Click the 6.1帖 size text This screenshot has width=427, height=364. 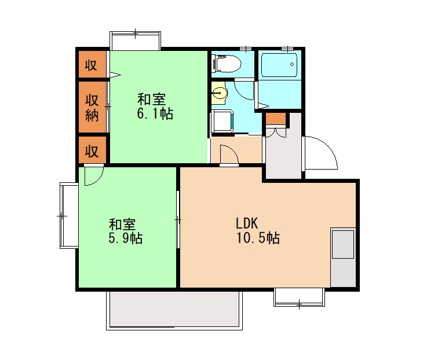pyautogui.click(x=155, y=113)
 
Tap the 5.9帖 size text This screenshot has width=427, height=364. pyautogui.click(x=126, y=238)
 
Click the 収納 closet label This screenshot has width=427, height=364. pyautogui.click(x=93, y=108)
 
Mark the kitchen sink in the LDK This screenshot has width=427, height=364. pyautogui.click(x=342, y=244)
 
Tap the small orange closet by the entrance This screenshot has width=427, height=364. pyautogui.click(x=276, y=119)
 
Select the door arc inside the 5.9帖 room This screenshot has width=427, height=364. pyautogui.click(x=93, y=176)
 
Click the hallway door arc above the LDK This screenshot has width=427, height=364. pyautogui.click(x=228, y=155)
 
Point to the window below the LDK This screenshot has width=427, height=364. pyautogui.click(x=299, y=297)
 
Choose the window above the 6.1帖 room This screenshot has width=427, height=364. pyautogui.click(x=135, y=41)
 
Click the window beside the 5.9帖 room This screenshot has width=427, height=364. pyautogui.click(x=68, y=215)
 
